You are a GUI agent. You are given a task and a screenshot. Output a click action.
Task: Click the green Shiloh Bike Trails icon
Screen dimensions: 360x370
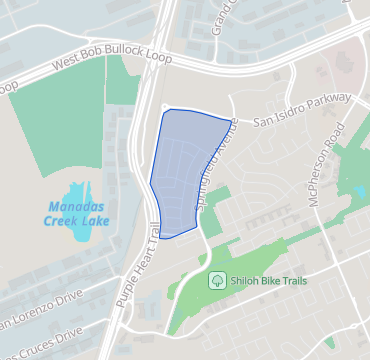[215, 281]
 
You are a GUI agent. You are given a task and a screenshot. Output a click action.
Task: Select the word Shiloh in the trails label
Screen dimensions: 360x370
[244, 281]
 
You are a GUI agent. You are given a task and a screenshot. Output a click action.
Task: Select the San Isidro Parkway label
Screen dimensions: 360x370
[301, 109]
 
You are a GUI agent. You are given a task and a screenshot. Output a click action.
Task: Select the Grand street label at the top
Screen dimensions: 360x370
[220, 20]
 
